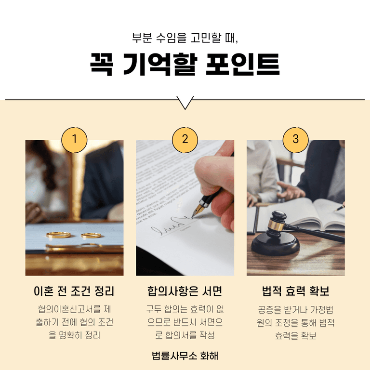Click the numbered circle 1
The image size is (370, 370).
(x=74, y=140)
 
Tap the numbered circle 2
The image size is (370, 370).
(x=185, y=140)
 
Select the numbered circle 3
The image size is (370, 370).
(x=296, y=140)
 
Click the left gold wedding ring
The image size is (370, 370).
(x=58, y=235)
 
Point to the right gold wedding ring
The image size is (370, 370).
(x=91, y=235)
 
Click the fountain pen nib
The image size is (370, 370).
(x=197, y=211)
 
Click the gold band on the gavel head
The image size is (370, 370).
(x=276, y=224)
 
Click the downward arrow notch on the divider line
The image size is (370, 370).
(x=185, y=103)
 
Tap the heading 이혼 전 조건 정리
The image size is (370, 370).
(x=74, y=291)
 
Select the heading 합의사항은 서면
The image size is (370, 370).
(x=185, y=291)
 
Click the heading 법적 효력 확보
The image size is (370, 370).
(x=296, y=291)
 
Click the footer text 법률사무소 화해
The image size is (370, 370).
(x=185, y=356)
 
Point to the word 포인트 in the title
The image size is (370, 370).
(x=243, y=64)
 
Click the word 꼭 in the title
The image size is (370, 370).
(x=102, y=64)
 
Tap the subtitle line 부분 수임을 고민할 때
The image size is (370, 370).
(x=185, y=38)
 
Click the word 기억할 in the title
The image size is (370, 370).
(x=160, y=64)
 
